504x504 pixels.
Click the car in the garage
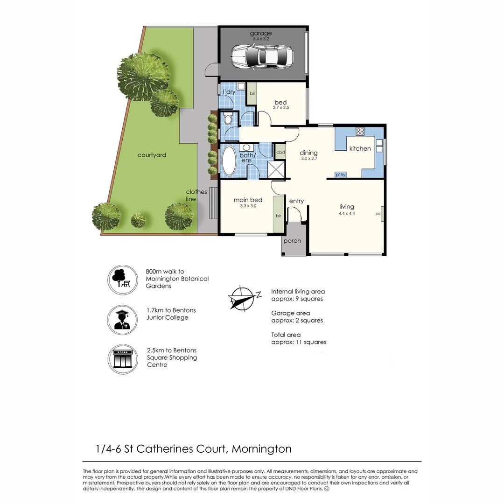pyautogui.click(x=262, y=57)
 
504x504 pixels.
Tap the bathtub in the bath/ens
pyautogui.click(x=229, y=161)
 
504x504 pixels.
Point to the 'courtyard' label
pyautogui.click(x=152, y=155)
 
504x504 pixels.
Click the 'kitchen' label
pyautogui.click(x=360, y=148)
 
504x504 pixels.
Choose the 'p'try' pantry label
pyautogui.click(x=340, y=175)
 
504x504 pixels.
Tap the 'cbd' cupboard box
pyautogui.click(x=280, y=152)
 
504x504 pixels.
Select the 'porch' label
pyautogui.click(x=292, y=241)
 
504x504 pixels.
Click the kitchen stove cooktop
pyautogui.click(x=360, y=131)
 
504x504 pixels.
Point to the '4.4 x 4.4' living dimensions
pyautogui.click(x=347, y=214)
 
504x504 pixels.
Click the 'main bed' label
pyautogui.click(x=248, y=200)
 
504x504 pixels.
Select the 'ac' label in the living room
pyautogui.click(x=378, y=214)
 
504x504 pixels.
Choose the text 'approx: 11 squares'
pyautogui.click(x=299, y=342)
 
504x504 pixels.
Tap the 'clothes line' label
pyautogui.click(x=196, y=195)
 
